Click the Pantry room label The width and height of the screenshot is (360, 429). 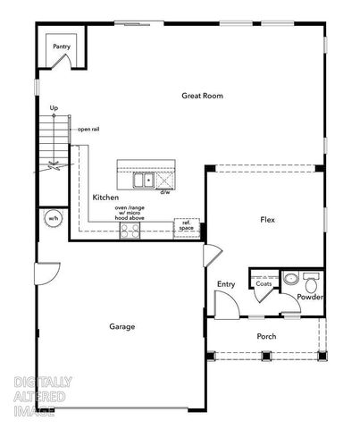pos(61,46)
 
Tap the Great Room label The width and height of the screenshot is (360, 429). pos(202,96)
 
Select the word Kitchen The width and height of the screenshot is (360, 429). pos(105,197)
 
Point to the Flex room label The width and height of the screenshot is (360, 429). pos(267,219)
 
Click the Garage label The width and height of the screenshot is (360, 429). pos(122,326)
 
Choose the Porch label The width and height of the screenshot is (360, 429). pos(266,336)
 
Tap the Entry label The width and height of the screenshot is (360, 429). pos(226,284)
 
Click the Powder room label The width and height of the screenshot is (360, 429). pos(310,296)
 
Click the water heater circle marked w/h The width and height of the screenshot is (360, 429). pos(53,218)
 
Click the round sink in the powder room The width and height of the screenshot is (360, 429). pos(289,277)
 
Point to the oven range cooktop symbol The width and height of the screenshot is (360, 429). pos(130,231)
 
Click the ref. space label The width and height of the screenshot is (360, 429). pos(187,226)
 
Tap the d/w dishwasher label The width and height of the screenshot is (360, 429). pos(165,191)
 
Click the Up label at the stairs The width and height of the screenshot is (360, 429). pos(54,108)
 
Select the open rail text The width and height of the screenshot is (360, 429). pos(88,129)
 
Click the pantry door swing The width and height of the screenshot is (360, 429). pos(61,63)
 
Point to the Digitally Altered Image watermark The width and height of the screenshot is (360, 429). pos(43,396)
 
